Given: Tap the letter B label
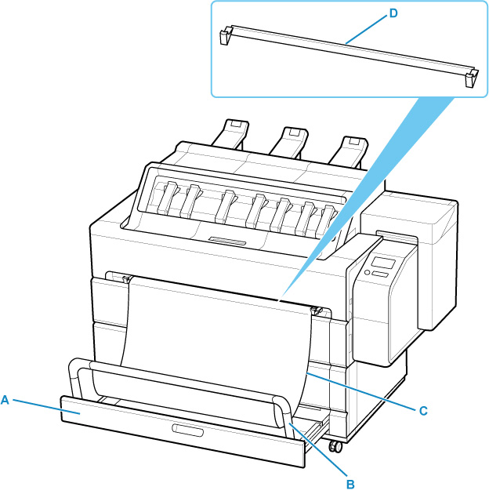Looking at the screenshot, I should pos(350,484).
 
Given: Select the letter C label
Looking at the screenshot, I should pos(422,409).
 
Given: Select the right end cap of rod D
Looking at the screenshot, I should pos(471,78).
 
